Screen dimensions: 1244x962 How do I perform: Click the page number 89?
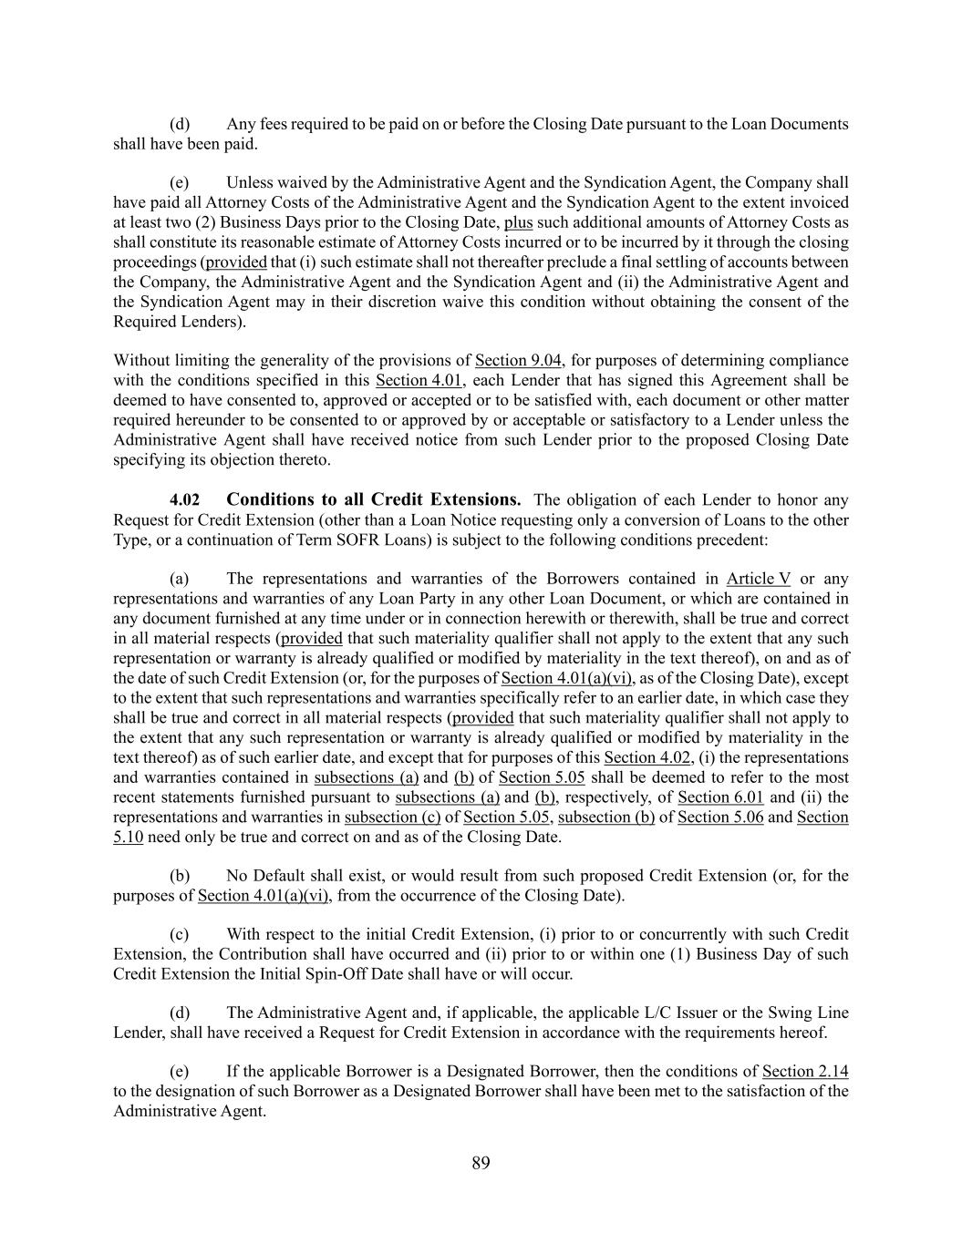[481, 1162]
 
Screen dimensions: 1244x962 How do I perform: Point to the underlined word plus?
[518, 222]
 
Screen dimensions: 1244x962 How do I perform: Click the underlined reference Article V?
[759, 579]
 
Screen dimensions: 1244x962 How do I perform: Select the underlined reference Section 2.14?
[805, 1072]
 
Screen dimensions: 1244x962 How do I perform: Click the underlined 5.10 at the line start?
[128, 838]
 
